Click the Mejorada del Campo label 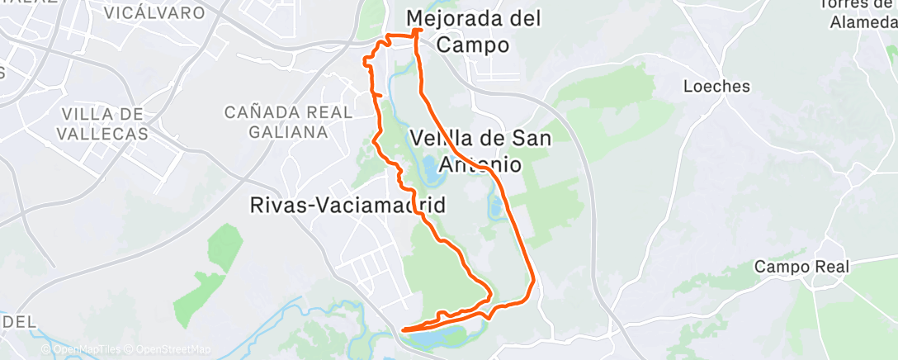tap(474, 31)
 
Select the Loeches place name tap(716, 86)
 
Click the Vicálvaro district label tap(155, 13)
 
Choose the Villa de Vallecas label tap(103, 123)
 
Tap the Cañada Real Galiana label tap(276, 121)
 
